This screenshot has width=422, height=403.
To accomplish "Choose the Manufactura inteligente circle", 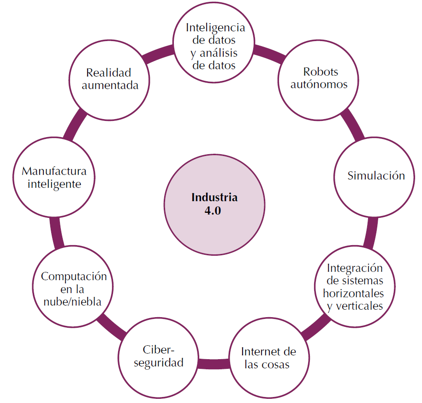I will click(x=54, y=177).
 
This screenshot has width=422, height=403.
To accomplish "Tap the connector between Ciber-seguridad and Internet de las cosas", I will click(x=214, y=363).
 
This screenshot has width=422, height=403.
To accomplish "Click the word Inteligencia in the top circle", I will click(x=215, y=27).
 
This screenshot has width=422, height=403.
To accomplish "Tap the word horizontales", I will click(x=353, y=293).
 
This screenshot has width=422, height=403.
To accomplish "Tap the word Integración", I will click(x=354, y=268).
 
